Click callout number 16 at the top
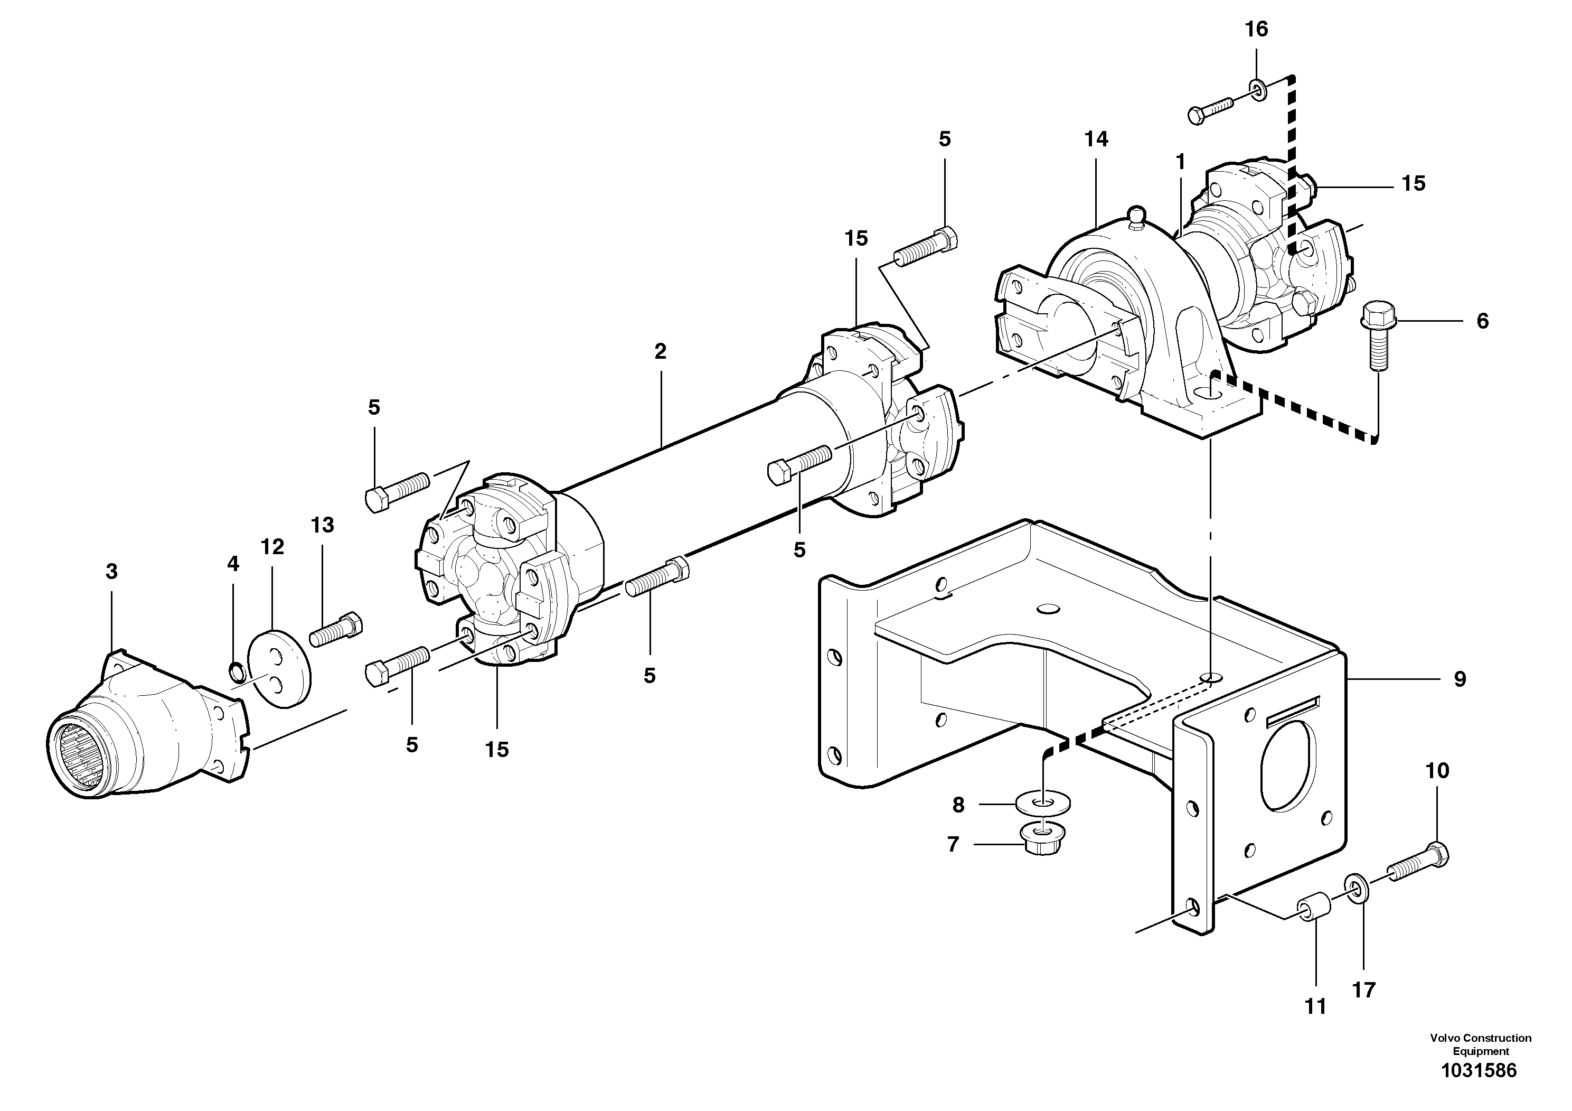click(x=1256, y=30)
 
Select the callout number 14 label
click(x=1096, y=139)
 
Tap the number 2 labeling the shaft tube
click(x=660, y=352)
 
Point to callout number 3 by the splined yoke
click(x=111, y=571)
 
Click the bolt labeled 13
click(x=335, y=629)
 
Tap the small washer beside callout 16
click(x=1257, y=89)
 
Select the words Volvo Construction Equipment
click(x=1480, y=1044)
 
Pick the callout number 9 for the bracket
click(x=1460, y=679)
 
